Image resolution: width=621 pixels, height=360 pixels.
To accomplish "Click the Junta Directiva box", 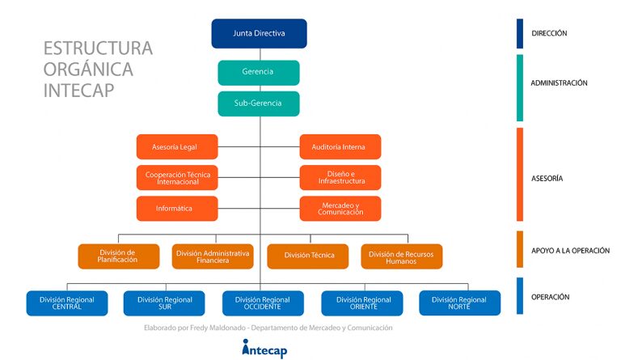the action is (x=259, y=34).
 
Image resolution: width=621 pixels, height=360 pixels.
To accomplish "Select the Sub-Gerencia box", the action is (x=259, y=104).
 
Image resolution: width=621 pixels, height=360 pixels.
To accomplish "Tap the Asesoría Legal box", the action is (x=177, y=147).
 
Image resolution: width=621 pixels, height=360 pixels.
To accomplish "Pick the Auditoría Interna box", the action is (x=340, y=147).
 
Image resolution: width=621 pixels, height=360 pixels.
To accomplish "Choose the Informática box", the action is (x=177, y=209).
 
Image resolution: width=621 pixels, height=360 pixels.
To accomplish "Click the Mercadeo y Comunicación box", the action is (x=340, y=209).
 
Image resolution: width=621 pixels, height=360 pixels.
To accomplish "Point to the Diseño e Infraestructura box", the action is (x=340, y=178).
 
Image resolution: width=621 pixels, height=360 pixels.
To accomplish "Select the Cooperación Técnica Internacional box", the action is (x=177, y=178).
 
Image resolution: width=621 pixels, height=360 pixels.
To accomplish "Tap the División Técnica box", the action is (x=308, y=256).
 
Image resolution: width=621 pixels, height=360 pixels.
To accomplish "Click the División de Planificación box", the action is (x=119, y=256).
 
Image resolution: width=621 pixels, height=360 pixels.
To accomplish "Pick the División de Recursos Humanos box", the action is (x=402, y=256).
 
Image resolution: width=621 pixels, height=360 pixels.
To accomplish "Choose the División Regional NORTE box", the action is (x=460, y=303).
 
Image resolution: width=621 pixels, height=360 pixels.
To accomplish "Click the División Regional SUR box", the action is (x=164, y=303).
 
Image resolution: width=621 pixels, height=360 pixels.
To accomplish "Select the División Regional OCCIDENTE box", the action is (x=263, y=303).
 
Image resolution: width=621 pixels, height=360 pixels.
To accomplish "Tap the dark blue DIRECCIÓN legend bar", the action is (x=520, y=34).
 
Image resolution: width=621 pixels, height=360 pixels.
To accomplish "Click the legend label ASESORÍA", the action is (x=547, y=179).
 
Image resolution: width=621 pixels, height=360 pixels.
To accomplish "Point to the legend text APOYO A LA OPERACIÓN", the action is (x=570, y=251).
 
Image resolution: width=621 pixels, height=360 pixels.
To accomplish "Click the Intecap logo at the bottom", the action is (x=264, y=349).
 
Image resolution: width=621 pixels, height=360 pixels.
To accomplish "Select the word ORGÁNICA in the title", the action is (x=88, y=70).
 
